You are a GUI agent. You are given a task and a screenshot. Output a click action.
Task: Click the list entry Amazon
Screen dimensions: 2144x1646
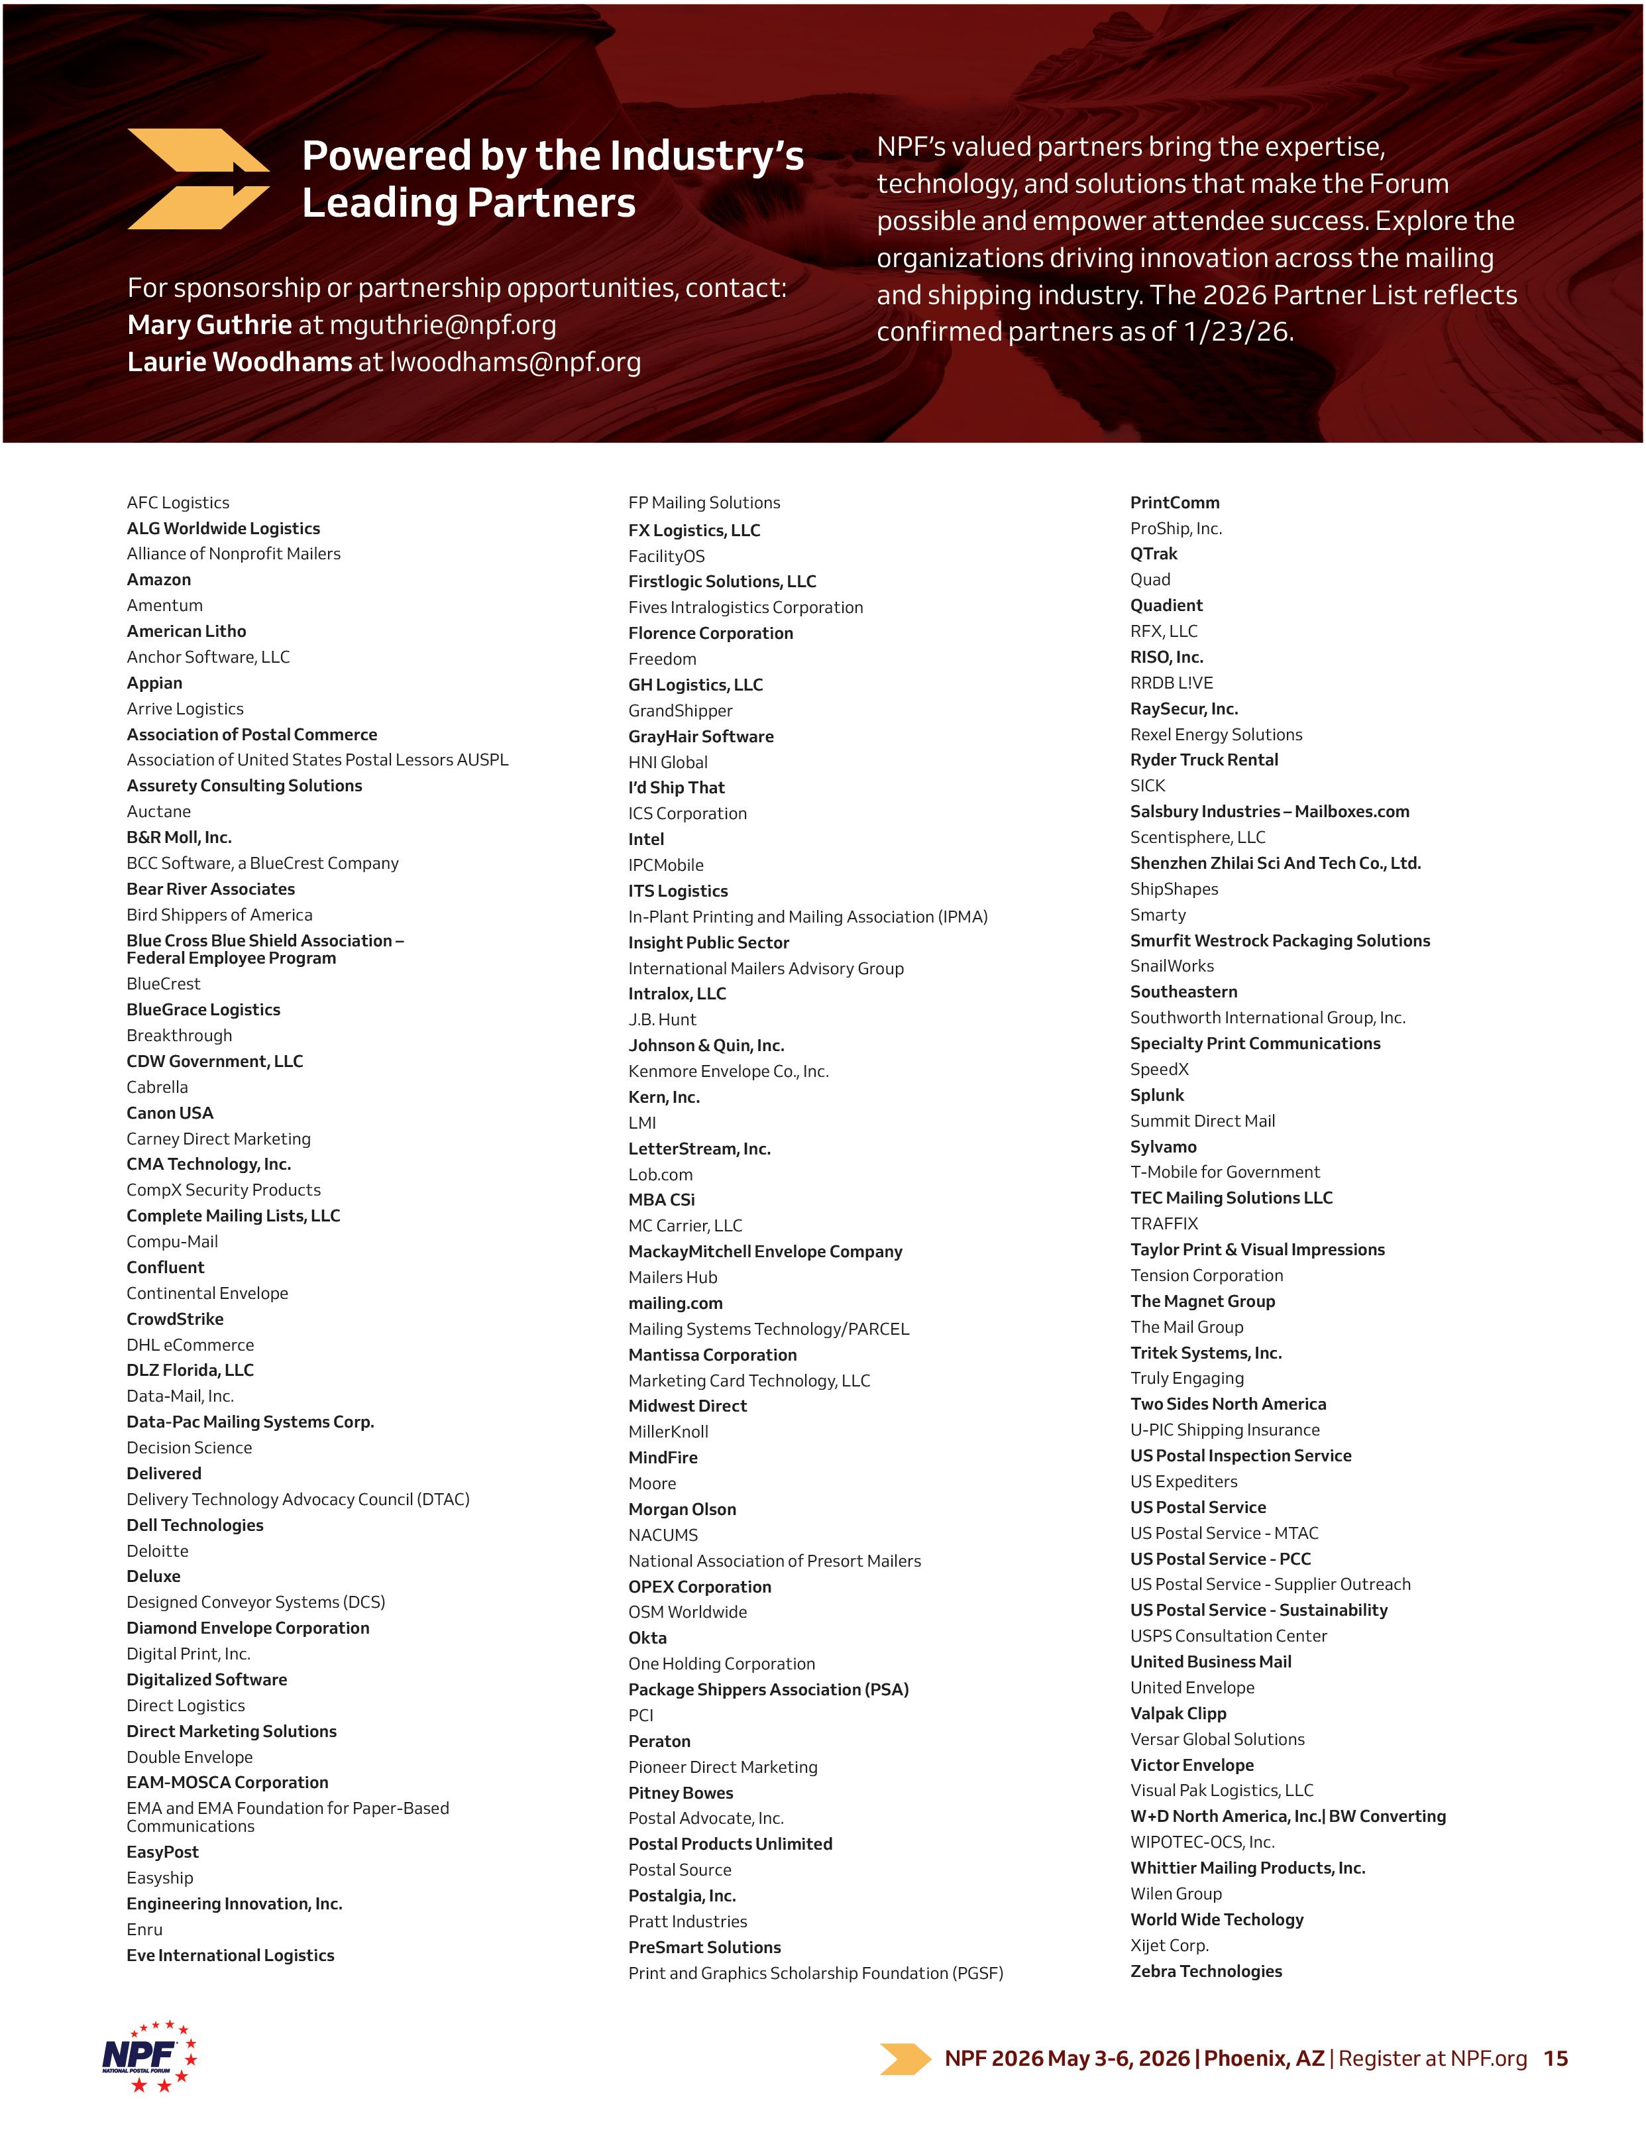(x=159, y=579)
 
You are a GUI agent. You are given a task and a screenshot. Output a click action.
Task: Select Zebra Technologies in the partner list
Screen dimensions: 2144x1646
(x=1205, y=1970)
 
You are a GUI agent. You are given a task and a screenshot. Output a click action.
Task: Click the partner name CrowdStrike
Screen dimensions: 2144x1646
(x=174, y=1318)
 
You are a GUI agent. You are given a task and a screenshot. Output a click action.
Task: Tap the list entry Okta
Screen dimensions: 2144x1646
(x=647, y=1638)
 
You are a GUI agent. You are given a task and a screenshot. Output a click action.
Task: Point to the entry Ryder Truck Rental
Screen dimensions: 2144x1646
(x=1203, y=760)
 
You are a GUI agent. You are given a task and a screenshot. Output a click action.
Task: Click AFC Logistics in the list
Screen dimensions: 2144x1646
(x=178, y=502)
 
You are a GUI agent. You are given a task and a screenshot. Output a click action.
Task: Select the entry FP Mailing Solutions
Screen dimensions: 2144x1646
(x=704, y=502)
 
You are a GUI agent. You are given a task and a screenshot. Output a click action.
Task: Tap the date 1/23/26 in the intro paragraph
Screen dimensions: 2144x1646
(x=1237, y=332)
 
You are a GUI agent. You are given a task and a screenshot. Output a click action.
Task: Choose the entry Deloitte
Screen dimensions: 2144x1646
(x=157, y=1550)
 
